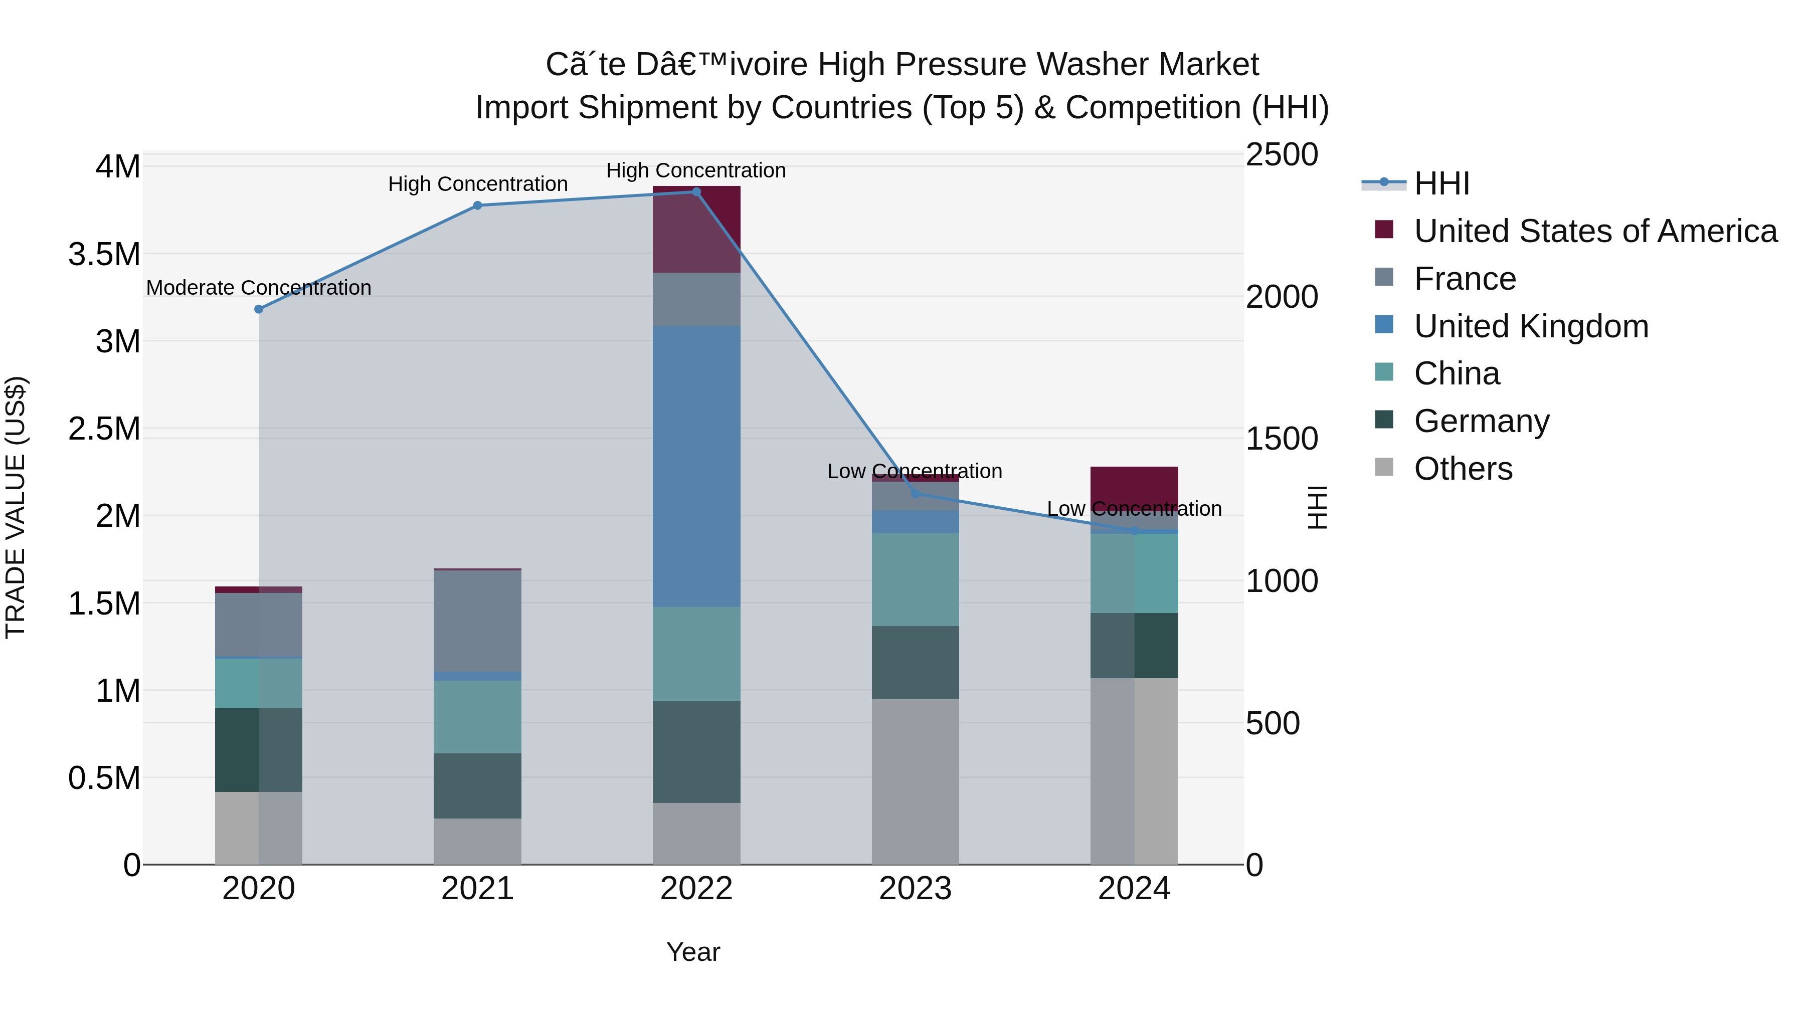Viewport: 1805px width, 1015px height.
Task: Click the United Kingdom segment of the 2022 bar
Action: pos(696,466)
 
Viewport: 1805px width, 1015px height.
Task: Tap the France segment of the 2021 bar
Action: pos(477,621)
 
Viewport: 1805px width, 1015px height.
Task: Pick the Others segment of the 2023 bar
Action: pos(915,781)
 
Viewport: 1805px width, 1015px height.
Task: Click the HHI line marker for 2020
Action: pos(259,309)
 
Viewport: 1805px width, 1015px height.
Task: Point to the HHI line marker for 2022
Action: pos(696,192)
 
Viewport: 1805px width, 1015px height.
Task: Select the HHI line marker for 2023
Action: pos(915,494)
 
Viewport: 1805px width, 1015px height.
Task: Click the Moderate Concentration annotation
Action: pos(259,288)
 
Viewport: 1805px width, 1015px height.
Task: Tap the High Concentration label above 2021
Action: pos(478,184)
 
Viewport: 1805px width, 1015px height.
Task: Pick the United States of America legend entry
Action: pos(1595,231)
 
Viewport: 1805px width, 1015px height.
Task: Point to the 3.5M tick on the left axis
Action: pos(104,254)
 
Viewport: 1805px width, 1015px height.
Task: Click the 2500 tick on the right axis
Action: pos(1282,155)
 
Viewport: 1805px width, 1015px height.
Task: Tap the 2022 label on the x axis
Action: pos(696,889)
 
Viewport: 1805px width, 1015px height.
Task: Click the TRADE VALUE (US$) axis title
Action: pos(16,507)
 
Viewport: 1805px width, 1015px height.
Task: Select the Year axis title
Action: pos(693,952)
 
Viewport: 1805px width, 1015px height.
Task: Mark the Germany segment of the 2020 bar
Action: pos(259,749)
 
